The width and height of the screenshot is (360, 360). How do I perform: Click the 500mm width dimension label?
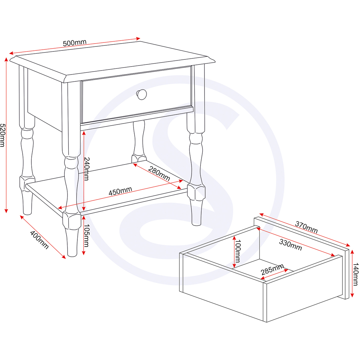point(75,43)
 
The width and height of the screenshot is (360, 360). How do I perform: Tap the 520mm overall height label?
point(2,135)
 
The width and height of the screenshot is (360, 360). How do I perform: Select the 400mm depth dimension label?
point(39,240)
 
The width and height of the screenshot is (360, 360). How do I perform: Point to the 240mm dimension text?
point(86,169)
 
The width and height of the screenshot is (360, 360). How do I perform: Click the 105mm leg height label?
point(86,235)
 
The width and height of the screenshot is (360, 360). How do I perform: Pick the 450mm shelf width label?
point(120,191)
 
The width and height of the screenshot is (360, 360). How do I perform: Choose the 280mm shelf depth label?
point(159,174)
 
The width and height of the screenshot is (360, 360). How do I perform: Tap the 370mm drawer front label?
point(306,227)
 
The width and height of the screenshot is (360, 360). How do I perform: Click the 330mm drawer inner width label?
point(291,245)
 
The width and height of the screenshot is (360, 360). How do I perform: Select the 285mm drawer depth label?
point(273,270)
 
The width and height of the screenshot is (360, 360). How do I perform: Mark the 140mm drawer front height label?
point(355,274)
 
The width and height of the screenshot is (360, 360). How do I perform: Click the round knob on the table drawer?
point(141,94)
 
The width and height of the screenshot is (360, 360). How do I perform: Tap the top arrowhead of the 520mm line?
point(6,60)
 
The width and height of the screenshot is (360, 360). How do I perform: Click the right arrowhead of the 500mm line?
point(138,39)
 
